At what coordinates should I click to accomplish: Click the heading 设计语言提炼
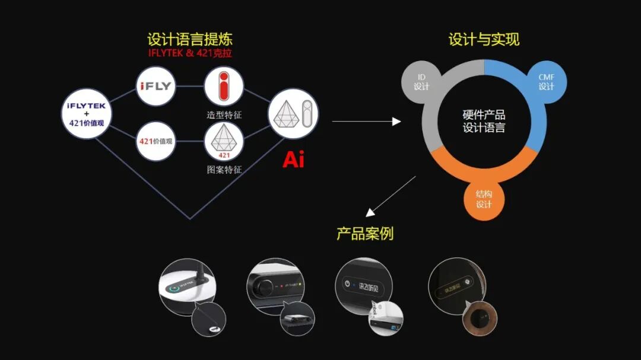pyautogui.click(x=190, y=40)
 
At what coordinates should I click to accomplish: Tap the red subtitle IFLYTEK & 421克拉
pyautogui.click(x=190, y=53)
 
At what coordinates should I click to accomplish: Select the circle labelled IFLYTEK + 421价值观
pyautogui.click(x=87, y=113)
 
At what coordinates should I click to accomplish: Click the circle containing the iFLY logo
pyautogui.click(x=156, y=86)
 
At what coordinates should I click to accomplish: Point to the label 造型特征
pyautogui.click(x=224, y=113)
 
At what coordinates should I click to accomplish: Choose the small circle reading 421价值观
pyautogui.click(x=156, y=141)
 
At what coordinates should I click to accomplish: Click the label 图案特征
pyautogui.click(x=224, y=170)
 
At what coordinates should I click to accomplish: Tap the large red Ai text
pyautogui.click(x=293, y=160)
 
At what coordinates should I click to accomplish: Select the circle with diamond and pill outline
pyautogui.click(x=293, y=114)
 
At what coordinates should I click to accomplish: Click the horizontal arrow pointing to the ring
pyautogui.click(x=366, y=122)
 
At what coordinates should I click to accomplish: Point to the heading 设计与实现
pyautogui.click(x=484, y=40)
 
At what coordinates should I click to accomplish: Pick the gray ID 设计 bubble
pyautogui.click(x=421, y=81)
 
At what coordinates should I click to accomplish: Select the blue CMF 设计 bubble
pyautogui.click(x=546, y=81)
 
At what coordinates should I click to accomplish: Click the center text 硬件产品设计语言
pyautogui.click(x=484, y=121)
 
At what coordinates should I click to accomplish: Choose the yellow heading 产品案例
pyautogui.click(x=365, y=234)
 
